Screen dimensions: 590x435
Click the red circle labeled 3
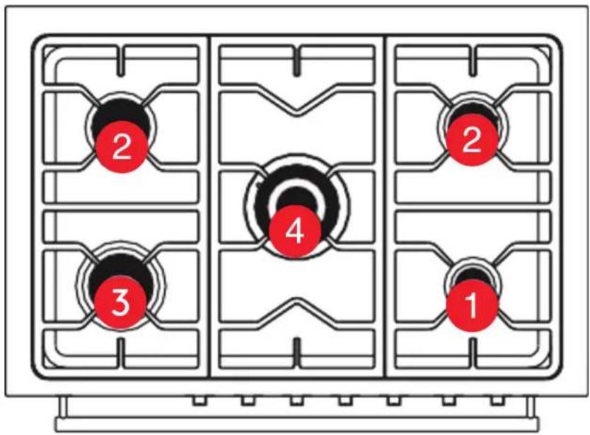[120, 303]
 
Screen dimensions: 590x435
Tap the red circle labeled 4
[294, 231]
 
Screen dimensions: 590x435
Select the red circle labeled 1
[473, 305]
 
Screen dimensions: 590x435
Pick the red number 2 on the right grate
[472, 140]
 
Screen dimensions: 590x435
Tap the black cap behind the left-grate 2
[121, 113]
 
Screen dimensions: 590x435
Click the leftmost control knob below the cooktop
[199, 401]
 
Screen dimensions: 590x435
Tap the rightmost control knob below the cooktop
[497, 401]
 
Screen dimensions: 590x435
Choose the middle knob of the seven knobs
[346, 401]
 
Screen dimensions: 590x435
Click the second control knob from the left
[248, 401]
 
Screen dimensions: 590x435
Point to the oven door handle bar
[297, 424]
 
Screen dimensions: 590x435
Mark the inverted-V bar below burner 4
[297, 302]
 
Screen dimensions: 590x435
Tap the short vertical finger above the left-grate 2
[121, 62]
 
